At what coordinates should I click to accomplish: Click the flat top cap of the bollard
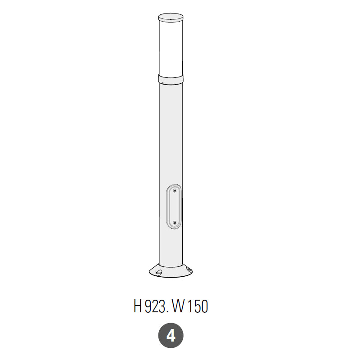pos(171,18)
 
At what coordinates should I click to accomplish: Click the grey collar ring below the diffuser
pos(171,80)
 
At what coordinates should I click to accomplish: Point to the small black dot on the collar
pos(162,83)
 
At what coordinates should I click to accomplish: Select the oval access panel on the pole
pos(174,207)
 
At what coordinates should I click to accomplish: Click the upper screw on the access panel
pos(175,190)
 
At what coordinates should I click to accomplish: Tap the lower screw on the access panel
pos(175,223)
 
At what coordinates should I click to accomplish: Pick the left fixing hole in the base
pos(159,273)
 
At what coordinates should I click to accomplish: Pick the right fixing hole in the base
pos(189,269)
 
